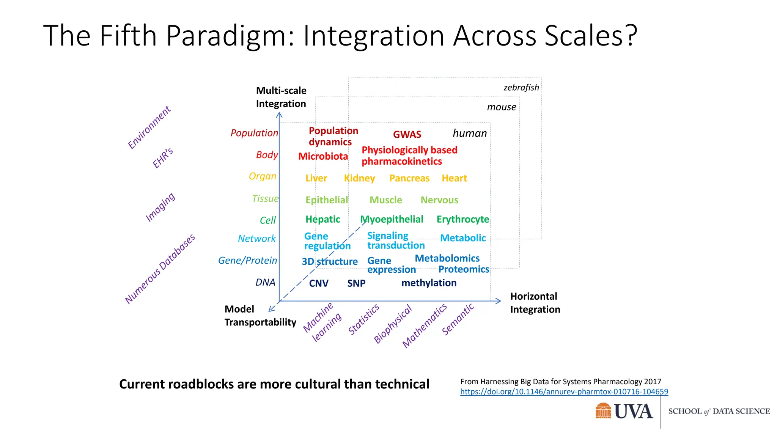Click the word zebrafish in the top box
(x=521, y=88)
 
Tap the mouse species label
(x=501, y=107)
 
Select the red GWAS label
(x=407, y=135)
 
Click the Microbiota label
(x=323, y=156)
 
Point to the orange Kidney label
(x=359, y=178)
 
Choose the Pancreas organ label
(x=409, y=178)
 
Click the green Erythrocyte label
(x=462, y=219)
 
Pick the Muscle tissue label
(x=385, y=200)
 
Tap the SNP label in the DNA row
(x=356, y=283)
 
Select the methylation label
(x=429, y=283)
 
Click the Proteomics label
(x=464, y=269)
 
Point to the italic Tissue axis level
(x=265, y=199)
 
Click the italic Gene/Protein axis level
(x=247, y=261)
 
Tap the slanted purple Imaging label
(x=160, y=207)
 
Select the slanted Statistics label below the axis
(x=363, y=319)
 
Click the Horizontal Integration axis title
(x=535, y=303)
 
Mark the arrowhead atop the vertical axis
(x=279, y=114)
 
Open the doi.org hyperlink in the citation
(x=564, y=392)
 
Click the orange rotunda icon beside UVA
(x=603, y=411)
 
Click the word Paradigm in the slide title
(x=230, y=36)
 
